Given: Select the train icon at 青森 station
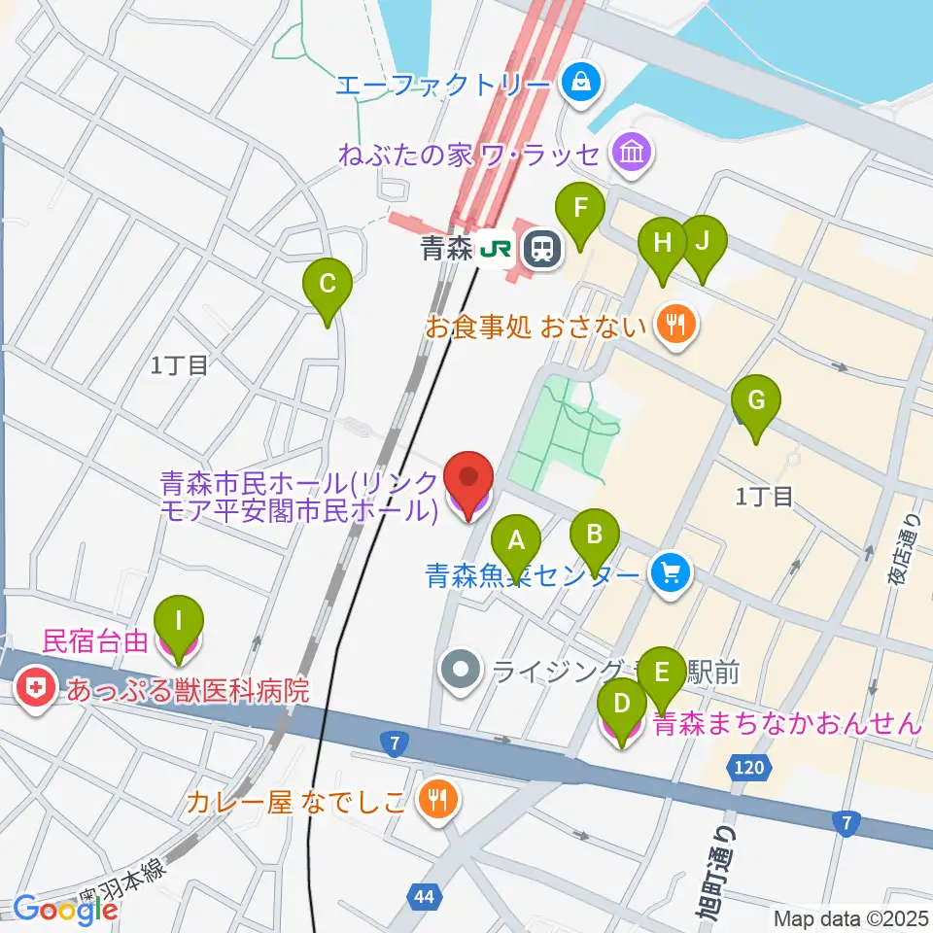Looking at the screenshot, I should pyautogui.click(x=541, y=251).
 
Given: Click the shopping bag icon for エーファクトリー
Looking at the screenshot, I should pyautogui.click(x=581, y=82).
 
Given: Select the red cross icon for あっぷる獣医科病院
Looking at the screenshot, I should pyautogui.click(x=35, y=691).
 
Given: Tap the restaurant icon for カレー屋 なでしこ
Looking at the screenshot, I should pyautogui.click(x=438, y=799).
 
